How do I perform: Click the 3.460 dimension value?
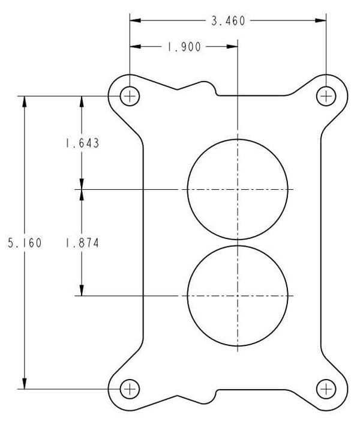point(228,21)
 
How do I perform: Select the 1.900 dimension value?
point(184,47)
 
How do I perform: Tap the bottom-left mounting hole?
point(130,389)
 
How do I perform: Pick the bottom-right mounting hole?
point(326,389)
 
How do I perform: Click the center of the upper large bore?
point(238,189)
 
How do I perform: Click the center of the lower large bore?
point(238,295)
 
